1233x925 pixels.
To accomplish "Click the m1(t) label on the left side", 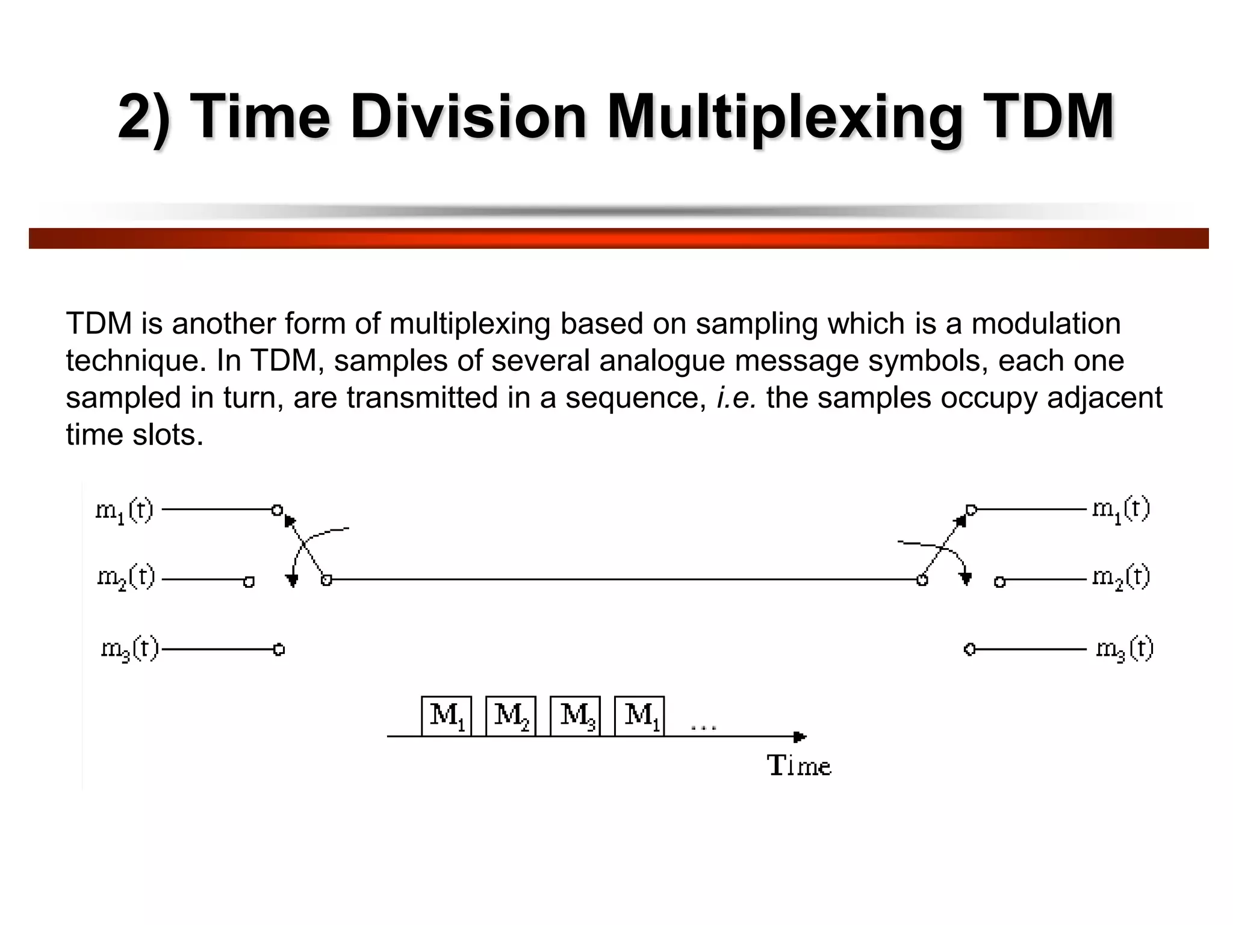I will tap(125, 511).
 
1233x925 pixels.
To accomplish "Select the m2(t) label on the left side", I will tap(126, 579).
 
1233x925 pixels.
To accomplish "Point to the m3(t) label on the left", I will tap(129, 649).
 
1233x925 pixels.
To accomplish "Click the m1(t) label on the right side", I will tap(1121, 509).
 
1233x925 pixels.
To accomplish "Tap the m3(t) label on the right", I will tap(1124, 649).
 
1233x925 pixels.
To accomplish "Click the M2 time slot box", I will tap(511, 716).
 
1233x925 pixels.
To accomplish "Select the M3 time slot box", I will tap(576, 716).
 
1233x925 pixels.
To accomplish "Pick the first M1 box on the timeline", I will tap(446, 716).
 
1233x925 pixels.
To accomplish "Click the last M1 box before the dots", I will tap(639, 716).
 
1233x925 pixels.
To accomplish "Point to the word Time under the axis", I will tap(799, 766).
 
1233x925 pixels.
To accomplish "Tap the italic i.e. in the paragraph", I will tap(736, 398).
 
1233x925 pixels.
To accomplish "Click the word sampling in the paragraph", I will tap(757, 325).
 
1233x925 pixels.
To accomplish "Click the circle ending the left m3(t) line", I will tap(279, 650).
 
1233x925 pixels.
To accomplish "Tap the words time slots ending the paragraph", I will tap(134, 435).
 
